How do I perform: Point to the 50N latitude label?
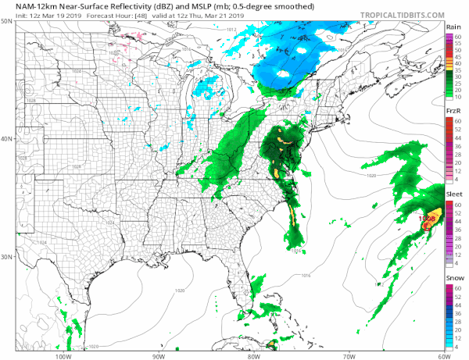(x=6, y=21)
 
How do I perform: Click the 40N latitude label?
(x=6, y=138)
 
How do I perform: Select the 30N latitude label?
(x=6, y=256)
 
